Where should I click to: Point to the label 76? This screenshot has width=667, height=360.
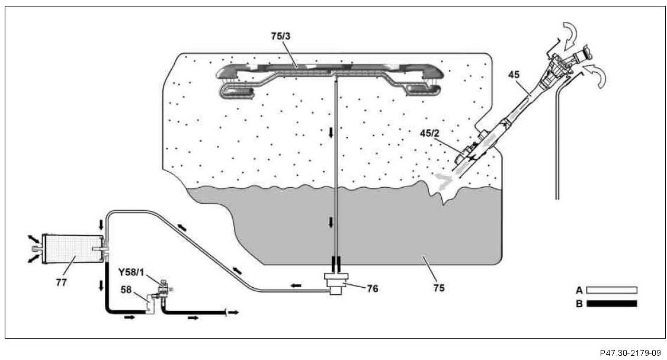(x=372, y=289)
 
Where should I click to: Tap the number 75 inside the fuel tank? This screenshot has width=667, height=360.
(x=438, y=288)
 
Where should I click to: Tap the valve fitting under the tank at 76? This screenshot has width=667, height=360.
(x=335, y=284)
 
